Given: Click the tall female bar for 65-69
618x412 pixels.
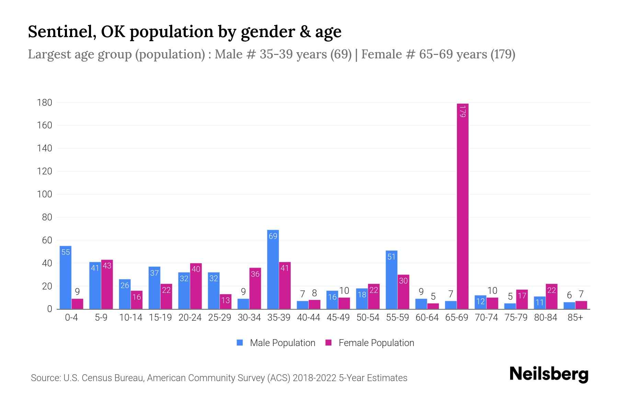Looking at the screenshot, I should [462, 206].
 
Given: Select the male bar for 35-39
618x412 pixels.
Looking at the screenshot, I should [273, 270].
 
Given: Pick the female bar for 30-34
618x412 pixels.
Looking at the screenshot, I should [255, 288].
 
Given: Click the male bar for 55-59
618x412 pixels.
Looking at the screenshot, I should [391, 280].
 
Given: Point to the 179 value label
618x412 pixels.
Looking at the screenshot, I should [462, 112].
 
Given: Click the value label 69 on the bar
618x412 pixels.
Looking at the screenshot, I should [273, 236].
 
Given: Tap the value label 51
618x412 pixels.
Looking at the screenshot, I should [391, 257].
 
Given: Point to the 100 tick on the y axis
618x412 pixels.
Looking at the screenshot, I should [45, 194].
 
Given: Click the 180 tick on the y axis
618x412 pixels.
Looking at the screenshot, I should [45, 102].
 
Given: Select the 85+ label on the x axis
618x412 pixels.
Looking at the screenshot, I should [575, 318].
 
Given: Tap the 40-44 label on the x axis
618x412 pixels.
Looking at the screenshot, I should [308, 318].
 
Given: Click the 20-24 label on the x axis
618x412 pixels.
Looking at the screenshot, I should [190, 318].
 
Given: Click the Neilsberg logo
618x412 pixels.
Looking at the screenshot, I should [549, 374].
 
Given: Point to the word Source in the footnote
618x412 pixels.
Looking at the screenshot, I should [45, 378].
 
